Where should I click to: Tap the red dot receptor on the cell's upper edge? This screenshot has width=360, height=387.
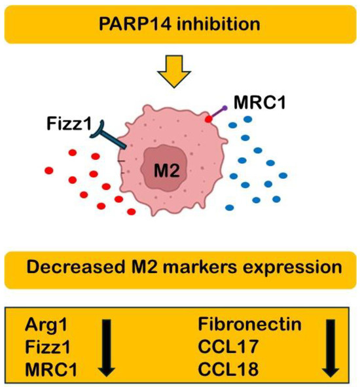pyautogui.click(x=207, y=120)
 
